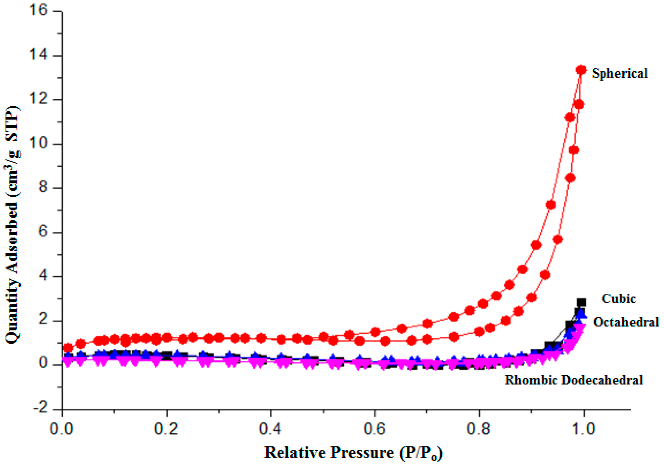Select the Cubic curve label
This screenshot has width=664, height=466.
tap(618, 299)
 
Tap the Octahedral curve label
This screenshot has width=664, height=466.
tap(626, 322)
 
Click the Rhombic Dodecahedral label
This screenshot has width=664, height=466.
tap(574, 380)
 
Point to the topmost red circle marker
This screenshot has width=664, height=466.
tap(581, 70)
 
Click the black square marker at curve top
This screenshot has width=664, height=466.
tap(581, 302)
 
